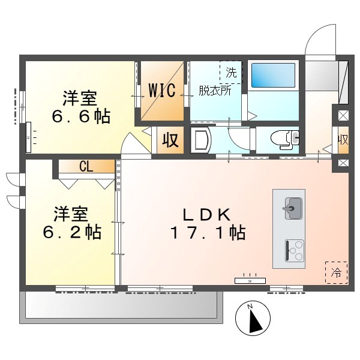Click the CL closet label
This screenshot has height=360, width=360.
coord(86,167)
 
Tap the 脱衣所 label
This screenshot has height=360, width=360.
coord(215,91)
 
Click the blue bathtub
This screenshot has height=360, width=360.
coord(273,76)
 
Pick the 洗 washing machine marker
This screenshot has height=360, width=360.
coord(231,73)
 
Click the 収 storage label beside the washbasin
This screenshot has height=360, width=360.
coord(170,141)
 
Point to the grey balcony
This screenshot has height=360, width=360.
coord(120,306)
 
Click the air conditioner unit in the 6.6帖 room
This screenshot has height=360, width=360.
coord(29,136)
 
